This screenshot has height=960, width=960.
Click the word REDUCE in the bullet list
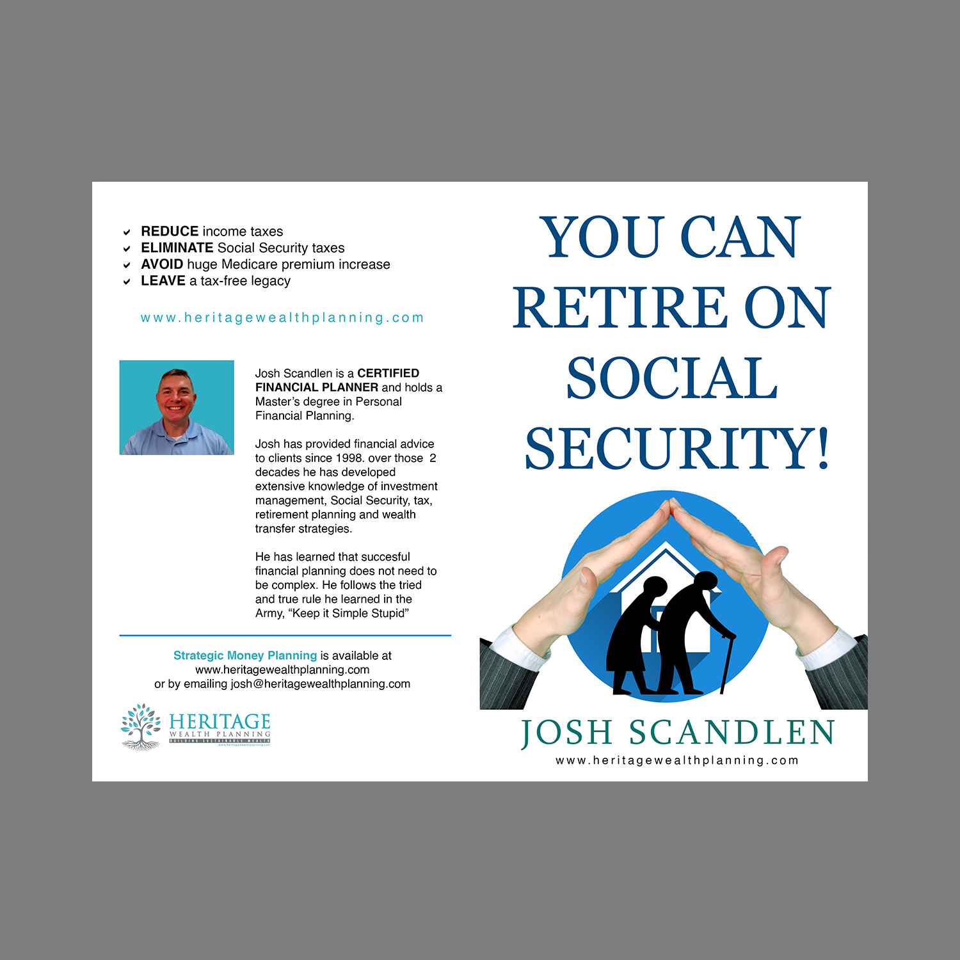tap(170, 232)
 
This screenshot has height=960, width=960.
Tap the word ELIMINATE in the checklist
tap(177, 248)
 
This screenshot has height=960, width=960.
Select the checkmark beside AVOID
tap(127, 265)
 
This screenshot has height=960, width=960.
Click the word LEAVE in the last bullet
tap(163, 281)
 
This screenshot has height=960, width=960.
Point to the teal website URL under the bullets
tap(282, 318)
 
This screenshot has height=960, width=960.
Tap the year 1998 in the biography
tap(349, 458)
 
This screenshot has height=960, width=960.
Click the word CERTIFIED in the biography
tap(388, 373)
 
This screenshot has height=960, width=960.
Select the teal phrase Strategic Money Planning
tap(245, 656)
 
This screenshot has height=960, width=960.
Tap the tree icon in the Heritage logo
tap(141, 727)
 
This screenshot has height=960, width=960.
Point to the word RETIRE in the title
tap(620, 308)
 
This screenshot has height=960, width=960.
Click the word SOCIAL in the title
tap(671, 378)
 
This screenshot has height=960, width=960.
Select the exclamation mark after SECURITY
tap(822, 449)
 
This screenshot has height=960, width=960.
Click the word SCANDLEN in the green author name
tap(732, 733)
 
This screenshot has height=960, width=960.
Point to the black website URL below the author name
tap(677, 761)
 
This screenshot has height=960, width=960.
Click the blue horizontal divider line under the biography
tap(285, 636)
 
